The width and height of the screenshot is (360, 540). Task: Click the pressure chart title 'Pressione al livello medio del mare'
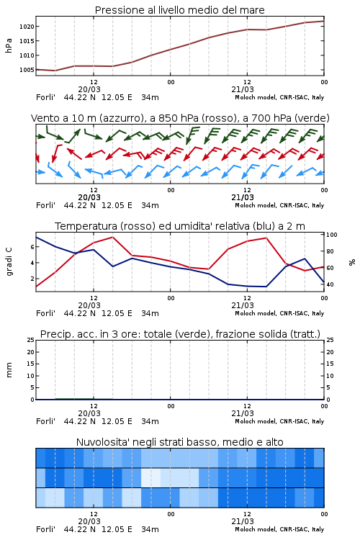[179, 10]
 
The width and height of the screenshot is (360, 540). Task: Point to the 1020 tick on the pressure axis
[27, 27]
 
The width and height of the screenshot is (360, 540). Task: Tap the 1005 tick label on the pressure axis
[27, 70]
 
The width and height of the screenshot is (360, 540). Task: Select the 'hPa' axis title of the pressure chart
[9, 45]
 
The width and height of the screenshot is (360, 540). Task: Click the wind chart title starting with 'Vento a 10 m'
[180, 119]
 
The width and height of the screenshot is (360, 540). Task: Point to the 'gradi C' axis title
[9, 261]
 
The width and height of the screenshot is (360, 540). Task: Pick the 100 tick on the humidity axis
[332, 235]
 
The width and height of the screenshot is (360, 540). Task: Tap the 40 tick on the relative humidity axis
[330, 284]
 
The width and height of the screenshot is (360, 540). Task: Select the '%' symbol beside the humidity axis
[352, 262]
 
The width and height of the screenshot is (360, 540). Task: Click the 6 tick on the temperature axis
[32, 247]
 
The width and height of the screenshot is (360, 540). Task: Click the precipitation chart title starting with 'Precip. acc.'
[180, 334]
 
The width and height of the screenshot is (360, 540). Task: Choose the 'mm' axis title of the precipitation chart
[9, 370]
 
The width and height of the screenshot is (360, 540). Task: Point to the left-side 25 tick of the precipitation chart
[31, 340]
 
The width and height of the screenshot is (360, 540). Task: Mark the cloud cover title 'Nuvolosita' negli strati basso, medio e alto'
[179, 442]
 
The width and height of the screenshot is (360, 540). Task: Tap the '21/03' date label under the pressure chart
[243, 89]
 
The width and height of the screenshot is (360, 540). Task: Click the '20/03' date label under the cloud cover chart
[89, 521]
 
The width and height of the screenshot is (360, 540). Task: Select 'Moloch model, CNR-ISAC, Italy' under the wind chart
[279, 206]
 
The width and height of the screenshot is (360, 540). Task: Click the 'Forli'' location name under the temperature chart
[45, 313]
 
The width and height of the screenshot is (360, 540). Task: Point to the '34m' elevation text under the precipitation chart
[150, 421]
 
